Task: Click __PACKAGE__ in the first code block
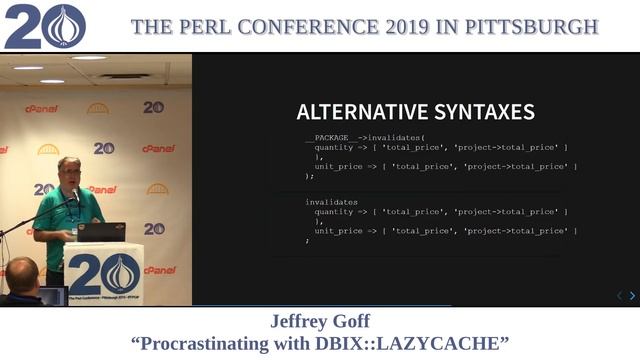coord(327,137)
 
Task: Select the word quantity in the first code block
coord(333,147)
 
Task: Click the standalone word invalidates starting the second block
coord(331,202)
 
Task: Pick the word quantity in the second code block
coord(333,212)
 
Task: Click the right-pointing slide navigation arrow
coord(631,296)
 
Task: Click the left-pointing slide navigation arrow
coord(618,296)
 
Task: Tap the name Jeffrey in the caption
coord(301,322)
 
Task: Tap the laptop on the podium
coord(101,232)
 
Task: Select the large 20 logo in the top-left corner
coord(44,27)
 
